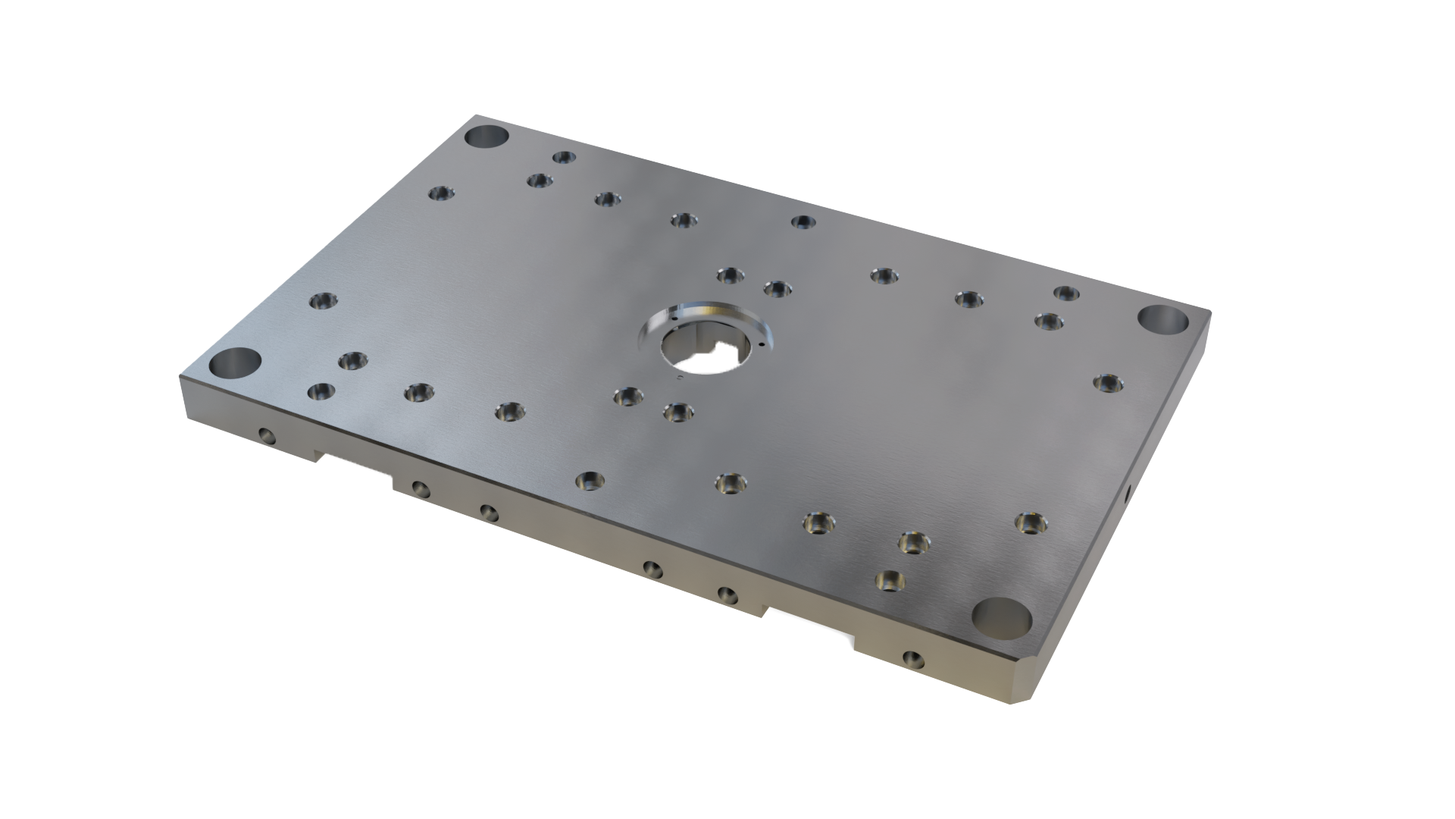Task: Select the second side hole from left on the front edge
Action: tap(419, 488)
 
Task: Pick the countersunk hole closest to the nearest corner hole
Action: tap(890, 582)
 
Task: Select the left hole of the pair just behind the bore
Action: tap(728, 275)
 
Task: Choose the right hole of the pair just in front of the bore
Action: tap(677, 413)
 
